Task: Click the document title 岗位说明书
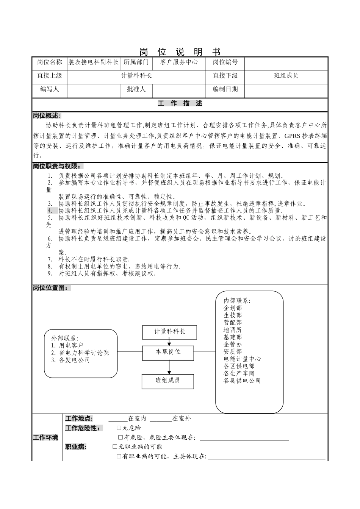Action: [180, 52]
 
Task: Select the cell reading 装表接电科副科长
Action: [94, 62]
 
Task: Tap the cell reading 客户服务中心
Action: [179, 62]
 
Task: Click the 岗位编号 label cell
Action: [225, 62]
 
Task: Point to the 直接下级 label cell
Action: [225, 75]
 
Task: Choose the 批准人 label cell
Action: [136, 89]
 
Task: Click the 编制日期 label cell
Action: [225, 89]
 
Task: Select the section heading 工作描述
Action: [180, 103]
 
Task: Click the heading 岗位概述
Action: [46, 116]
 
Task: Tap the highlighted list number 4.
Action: [50, 211]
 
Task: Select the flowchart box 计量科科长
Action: [169, 332]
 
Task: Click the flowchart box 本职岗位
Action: [169, 352]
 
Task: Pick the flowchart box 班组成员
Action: [168, 380]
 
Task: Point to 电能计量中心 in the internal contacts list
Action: [242, 359]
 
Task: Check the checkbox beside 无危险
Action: [119, 428]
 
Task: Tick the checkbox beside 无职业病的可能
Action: [115, 447]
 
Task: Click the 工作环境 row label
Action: [46, 438]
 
